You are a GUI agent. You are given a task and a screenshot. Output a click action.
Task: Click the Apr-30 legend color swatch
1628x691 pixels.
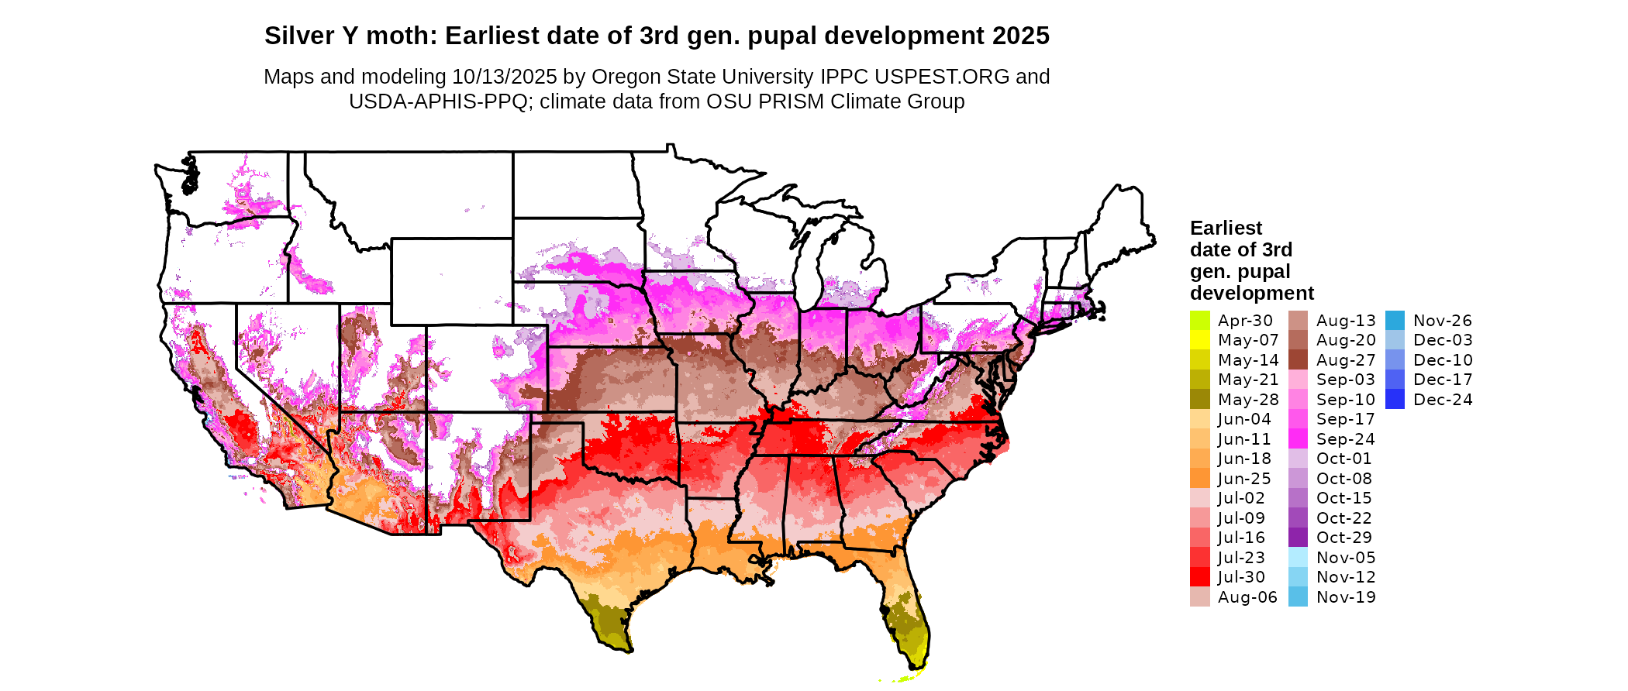pyautogui.click(x=1199, y=321)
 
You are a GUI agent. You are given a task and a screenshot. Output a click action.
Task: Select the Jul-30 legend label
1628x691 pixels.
pyautogui.click(x=1241, y=577)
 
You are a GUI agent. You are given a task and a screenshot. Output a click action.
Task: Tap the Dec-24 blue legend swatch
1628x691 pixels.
pyautogui.click(x=1395, y=400)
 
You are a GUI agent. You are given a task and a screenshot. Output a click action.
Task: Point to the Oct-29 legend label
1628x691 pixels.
pyautogui.click(x=1343, y=538)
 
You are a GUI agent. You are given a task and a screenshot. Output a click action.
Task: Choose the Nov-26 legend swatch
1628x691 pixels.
pyautogui.click(x=1395, y=321)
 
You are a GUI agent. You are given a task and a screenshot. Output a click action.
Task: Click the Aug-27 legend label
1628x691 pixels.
pyautogui.click(x=1346, y=360)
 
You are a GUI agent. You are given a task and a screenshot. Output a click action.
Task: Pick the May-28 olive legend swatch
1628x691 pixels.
pyautogui.click(x=1199, y=400)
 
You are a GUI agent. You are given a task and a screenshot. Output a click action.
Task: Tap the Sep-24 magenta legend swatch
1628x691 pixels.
pyautogui.click(x=1298, y=439)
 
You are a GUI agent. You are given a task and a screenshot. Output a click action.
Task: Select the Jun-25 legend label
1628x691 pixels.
pyautogui.click(x=1244, y=479)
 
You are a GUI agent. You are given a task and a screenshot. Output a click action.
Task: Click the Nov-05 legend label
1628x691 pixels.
pyautogui.click(x=1346, y=558)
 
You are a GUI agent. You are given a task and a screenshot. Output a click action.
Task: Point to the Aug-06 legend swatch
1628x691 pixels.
pyautogui.click(x=1199, y=597)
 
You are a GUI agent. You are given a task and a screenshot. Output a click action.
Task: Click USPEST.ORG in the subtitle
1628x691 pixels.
pyautogui.click(x=942, y=77)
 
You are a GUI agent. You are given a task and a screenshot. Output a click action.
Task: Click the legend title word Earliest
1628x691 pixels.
pyautogui.click(x=1226, y=229)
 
